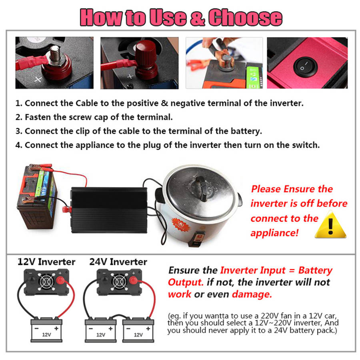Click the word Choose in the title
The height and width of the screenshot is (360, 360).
[245, 17]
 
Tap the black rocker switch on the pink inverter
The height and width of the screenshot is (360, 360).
[305, 67]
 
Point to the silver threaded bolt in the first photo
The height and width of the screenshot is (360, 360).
[55, 54]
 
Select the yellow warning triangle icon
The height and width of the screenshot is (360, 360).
[330, 224]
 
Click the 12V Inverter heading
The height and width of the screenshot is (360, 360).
[46, 262]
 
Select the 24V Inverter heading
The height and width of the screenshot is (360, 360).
[118, 262]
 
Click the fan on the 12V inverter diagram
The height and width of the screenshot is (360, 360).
[46, 282]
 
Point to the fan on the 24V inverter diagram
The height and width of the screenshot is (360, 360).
[119, 282]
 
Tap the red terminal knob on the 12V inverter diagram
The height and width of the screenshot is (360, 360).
[60, 280]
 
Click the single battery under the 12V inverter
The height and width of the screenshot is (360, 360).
[46, 330]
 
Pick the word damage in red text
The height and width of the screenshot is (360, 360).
[252, 294]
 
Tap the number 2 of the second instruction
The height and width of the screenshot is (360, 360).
[18, 117]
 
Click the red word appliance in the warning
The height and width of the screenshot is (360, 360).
[274, 233]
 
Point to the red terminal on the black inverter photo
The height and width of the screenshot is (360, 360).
[67, 209]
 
